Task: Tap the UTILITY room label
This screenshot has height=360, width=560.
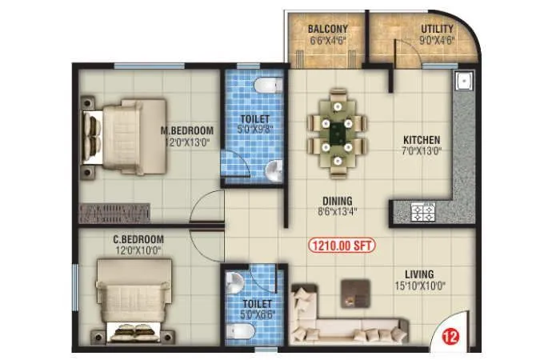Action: coord(437,30)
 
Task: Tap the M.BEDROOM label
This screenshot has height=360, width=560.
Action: coord(186,131)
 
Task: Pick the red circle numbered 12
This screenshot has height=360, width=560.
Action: coord(446,338)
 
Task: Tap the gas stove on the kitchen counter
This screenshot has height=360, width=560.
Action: coord(422,212)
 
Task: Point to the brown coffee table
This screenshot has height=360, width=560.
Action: coord(351,290)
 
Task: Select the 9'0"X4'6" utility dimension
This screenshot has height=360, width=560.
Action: coord(437,41)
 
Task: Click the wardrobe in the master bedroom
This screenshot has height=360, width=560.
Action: coord(115,214)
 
